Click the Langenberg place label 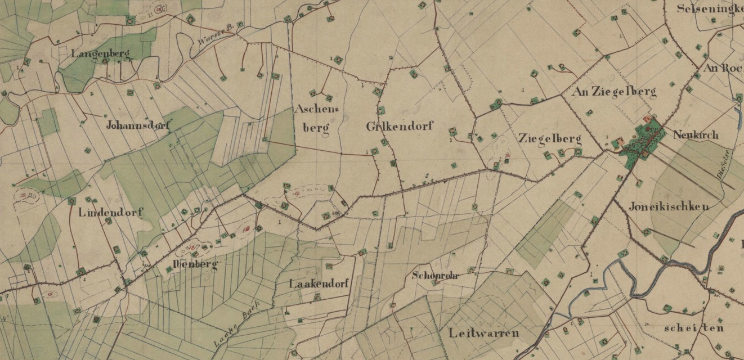tap(101, 54)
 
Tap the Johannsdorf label tap(138, 125)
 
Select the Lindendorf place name tap(110, 213)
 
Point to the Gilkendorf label tap(399, 126)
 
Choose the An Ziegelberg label tap(613, 91)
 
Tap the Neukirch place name tap(692, 136)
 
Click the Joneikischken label tap(669, 206)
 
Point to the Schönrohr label tap(436, 276)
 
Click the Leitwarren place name tap(484, 333)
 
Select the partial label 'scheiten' tap(693, 328)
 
